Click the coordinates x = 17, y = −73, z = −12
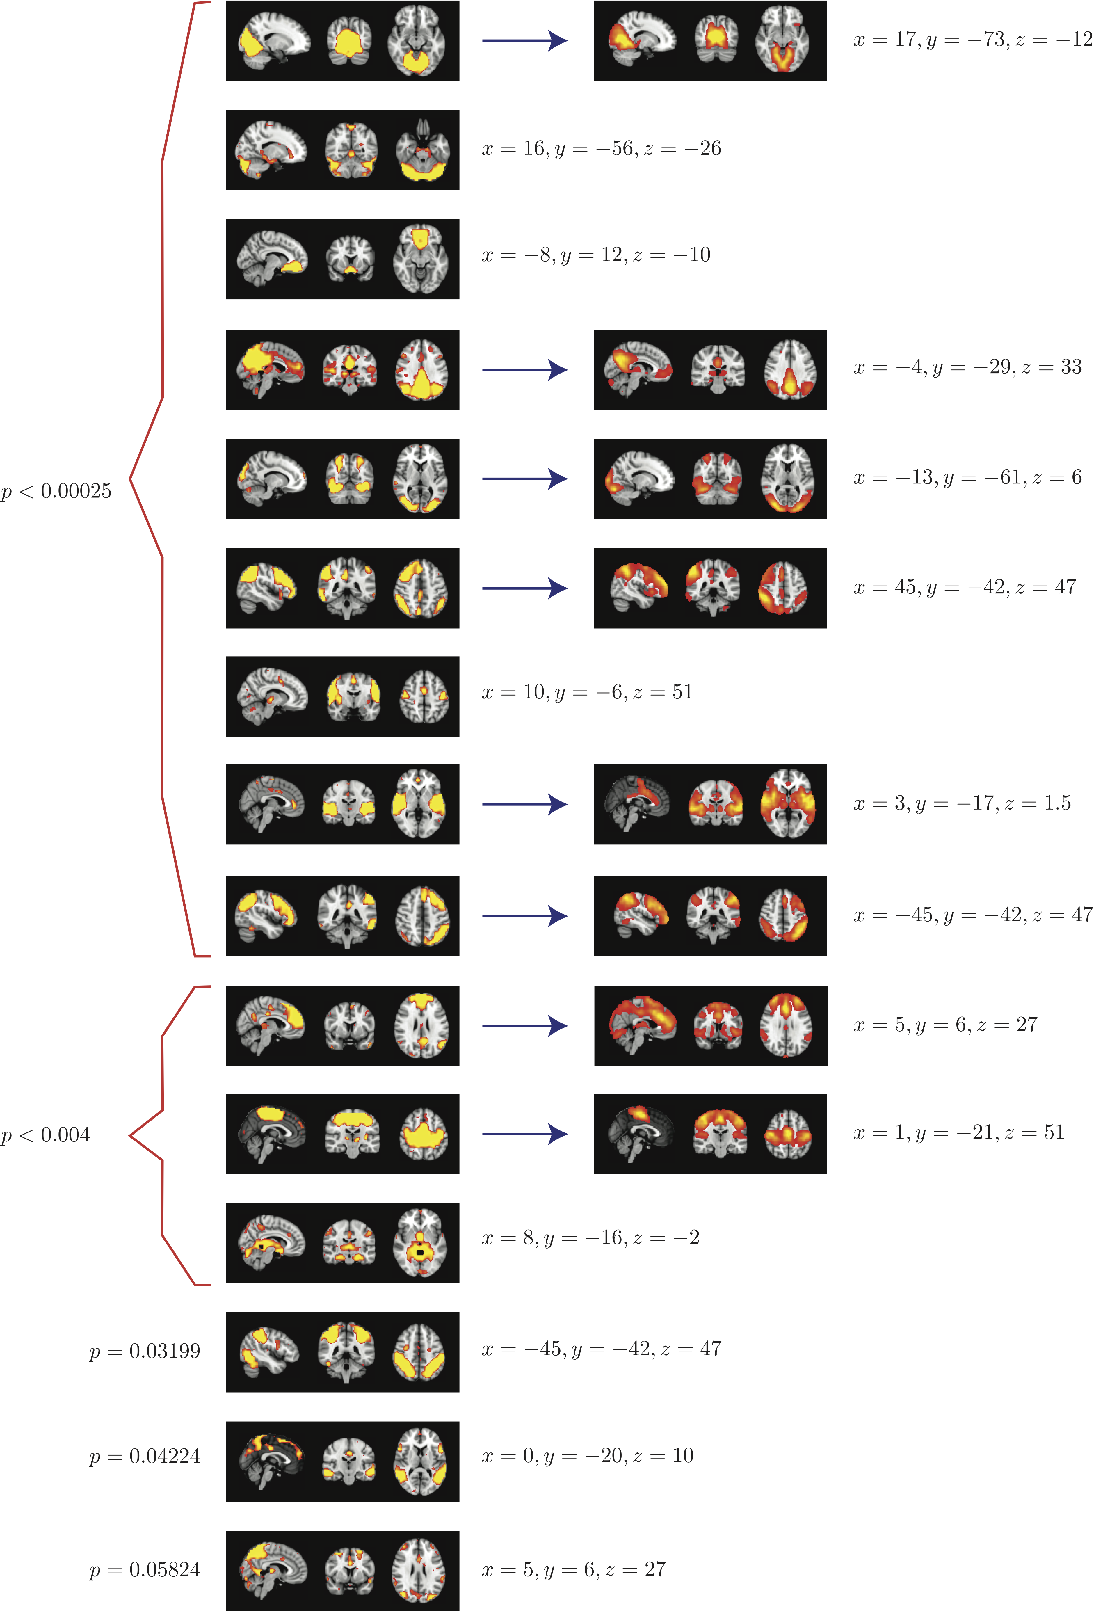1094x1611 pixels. [972, 40]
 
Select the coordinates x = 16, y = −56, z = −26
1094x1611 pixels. [601, 148]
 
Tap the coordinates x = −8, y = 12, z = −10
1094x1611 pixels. [595, 255]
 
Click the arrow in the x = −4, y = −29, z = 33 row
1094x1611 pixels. [525, 369]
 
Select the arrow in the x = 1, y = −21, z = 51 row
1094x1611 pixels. [525, 1134]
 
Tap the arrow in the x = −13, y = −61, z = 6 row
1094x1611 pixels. [525, 478]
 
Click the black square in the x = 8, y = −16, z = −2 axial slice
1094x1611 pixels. [419, 1253]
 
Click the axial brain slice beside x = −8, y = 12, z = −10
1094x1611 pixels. [420, 259]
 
